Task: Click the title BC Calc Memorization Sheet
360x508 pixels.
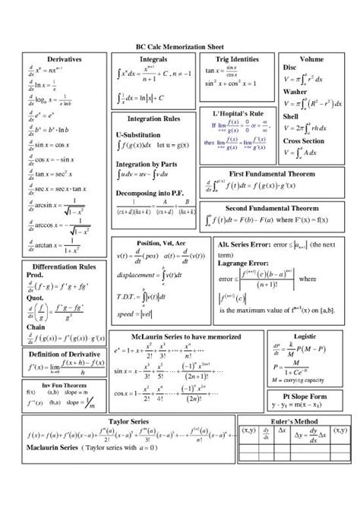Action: point(179,46)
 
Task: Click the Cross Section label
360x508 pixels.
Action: point(304,140)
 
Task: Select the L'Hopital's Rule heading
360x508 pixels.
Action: point(237,112)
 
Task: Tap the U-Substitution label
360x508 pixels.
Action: point(138,134)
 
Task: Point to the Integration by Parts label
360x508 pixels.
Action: point(147,164)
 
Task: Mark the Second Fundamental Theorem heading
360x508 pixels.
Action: point(271,207)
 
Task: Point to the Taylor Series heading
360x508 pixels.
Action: point(128,421)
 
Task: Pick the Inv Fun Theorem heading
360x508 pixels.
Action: point(52,384)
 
